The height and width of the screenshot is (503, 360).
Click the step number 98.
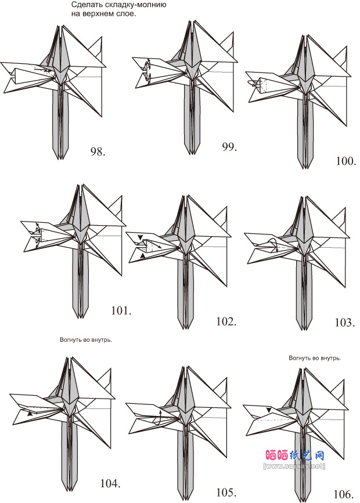pyautogui.click(x=98, y=152)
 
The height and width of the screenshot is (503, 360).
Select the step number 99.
pyautogui.click(x=229, y=147)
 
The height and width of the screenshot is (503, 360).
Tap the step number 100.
pyautogui.click(x=346, y=161)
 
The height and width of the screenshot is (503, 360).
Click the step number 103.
pyautogui.click(x=345, y=322)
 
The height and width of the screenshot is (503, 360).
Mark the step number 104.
pyautogui.click(x=110, y=483)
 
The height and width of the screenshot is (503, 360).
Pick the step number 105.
pyautogui.click(x=226, y=493)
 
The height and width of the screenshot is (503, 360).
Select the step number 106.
pyautogui.click(x=344, y=494)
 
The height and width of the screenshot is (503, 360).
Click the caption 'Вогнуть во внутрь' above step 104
pyautogui.click(x=85, y=341)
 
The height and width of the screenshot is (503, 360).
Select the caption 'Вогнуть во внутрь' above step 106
pyautogui.click(x=315, y=358)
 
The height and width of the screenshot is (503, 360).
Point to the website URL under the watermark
pyautogui.click(x=294, y=465)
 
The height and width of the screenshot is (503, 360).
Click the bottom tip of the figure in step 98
pyautogui.click(x=62, y=158)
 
